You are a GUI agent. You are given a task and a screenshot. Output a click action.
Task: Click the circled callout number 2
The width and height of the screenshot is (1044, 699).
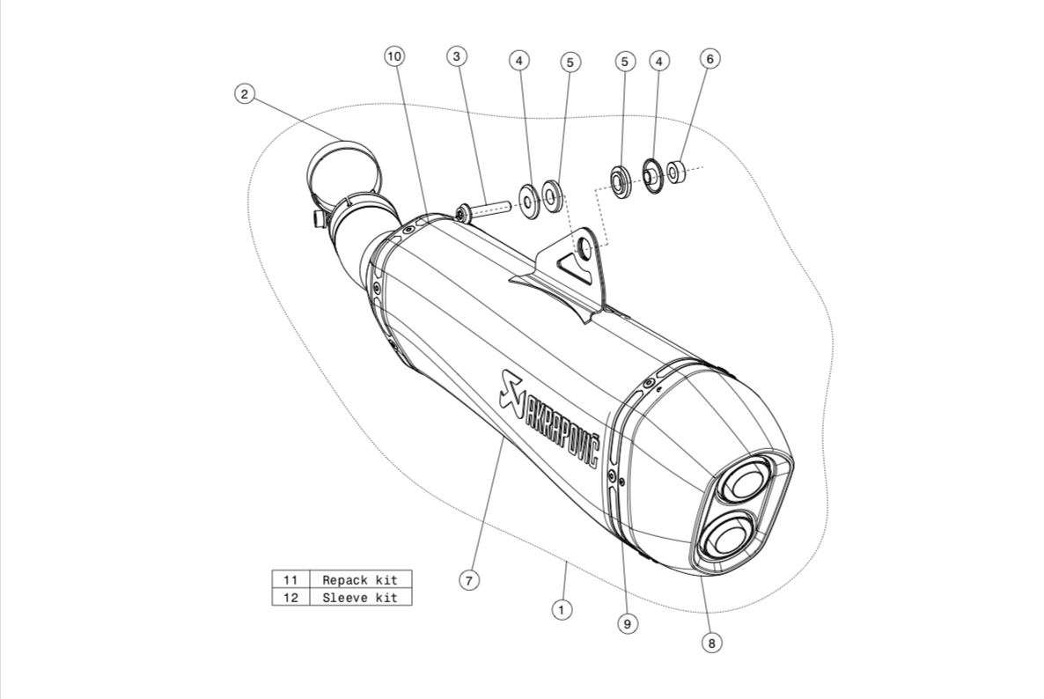(245, 94)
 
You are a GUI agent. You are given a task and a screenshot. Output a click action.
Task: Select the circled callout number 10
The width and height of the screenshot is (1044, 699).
(394, 56)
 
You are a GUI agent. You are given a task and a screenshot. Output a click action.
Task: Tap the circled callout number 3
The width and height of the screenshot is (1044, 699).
(456, 56)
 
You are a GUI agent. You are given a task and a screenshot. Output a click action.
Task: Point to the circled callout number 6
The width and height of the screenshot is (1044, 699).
(709, 59)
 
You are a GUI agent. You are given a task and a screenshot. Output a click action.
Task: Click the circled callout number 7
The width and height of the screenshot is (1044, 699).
(468, 580)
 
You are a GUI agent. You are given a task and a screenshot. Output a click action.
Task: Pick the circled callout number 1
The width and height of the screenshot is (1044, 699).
(562, 609)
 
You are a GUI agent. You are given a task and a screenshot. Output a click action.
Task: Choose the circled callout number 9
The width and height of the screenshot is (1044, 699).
(628, 623)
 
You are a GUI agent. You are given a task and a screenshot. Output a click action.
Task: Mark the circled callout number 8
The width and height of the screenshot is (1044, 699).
(712, 643)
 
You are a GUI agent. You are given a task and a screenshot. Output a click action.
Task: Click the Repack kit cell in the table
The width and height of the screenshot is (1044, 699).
(360, 580)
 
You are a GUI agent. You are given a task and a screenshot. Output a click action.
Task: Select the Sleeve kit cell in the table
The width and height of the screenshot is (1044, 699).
(360, 597)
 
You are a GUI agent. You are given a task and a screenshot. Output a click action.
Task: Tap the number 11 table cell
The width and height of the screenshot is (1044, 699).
(291, 580)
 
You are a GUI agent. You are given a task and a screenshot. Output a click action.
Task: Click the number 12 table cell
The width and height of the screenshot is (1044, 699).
(291, 597)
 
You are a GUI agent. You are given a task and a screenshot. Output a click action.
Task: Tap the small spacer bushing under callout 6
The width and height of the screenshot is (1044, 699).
(676, 173)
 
